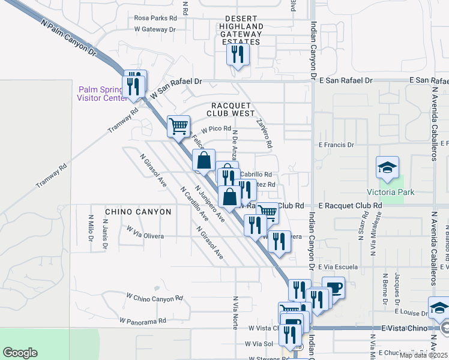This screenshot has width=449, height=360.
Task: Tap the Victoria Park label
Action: click(x=387, y=192)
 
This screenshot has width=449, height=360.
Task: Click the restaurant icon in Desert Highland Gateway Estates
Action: click(x=238, y=55)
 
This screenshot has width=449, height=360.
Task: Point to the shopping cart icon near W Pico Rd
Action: click(x=178, y=127)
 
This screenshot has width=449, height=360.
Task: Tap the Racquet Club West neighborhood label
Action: click(x=231, y=109)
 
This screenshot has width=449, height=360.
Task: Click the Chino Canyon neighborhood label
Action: click(x=138, y=212)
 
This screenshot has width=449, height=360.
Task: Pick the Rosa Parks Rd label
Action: click(x=156, y=18)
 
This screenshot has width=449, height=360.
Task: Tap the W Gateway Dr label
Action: click(x=154, y=29)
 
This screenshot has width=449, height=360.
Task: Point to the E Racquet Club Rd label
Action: click(x=351, y=205)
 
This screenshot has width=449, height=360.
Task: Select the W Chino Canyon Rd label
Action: click(x=154, y=298)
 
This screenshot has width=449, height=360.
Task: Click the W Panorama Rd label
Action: click(x=142, y=321)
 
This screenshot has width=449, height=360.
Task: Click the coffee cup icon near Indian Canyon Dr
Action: click(x=334, y=287)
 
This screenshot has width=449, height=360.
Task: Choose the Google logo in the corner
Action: click(x=20, y=353)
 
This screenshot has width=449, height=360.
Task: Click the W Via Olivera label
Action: click(x=145, y=236)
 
